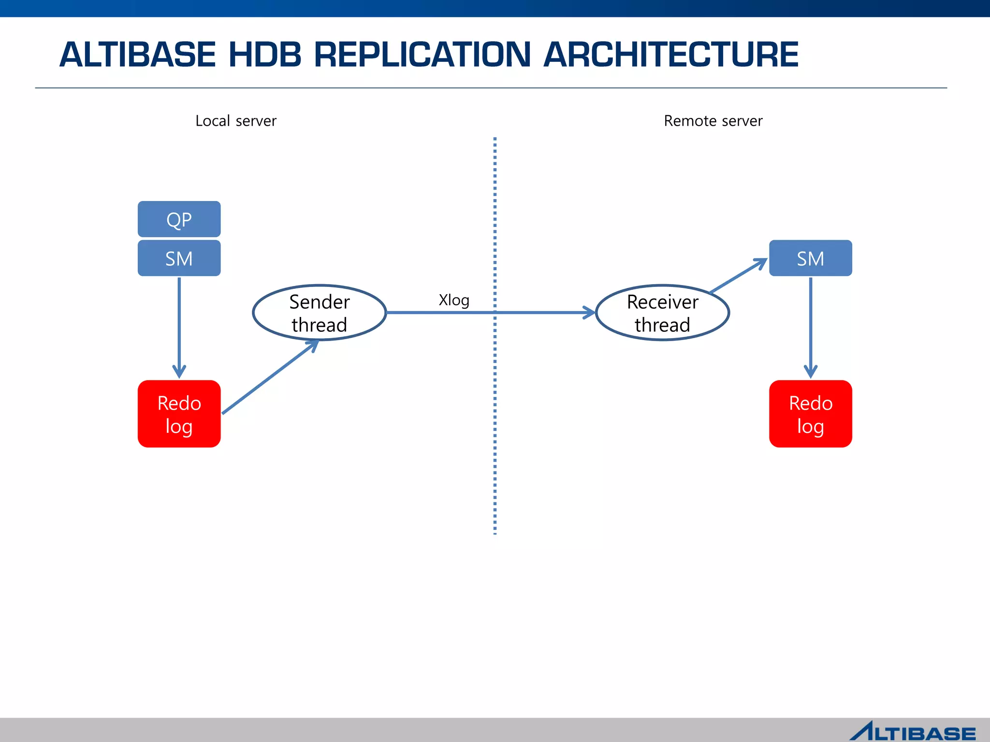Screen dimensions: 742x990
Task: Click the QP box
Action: (x=179, y=219)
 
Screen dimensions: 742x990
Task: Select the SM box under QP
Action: (x=179, y=258)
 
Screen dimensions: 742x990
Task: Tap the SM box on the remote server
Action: (x=810, y=258)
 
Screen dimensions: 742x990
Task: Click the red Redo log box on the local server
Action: (x=179, y=414)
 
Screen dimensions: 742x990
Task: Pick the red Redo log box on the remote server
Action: (x=810, y=414)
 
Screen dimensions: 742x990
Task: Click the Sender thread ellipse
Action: (x=319, y=313)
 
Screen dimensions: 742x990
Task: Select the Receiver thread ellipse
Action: (x=662, y=313)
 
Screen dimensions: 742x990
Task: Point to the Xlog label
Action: (x=453, y=300)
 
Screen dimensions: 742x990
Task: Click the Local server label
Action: (x=235, y=121)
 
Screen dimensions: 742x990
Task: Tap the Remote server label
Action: (x=713, y=121)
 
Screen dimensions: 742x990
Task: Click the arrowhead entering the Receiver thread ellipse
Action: (x=589, y=313)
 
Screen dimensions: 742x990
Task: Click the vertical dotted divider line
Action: (x=495, y=411)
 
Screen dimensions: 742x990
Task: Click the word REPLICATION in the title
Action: (x=422, y=54)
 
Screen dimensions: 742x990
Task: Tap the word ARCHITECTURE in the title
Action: (x=670, y=54)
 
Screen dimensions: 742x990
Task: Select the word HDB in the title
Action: (x=265, y=54)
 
